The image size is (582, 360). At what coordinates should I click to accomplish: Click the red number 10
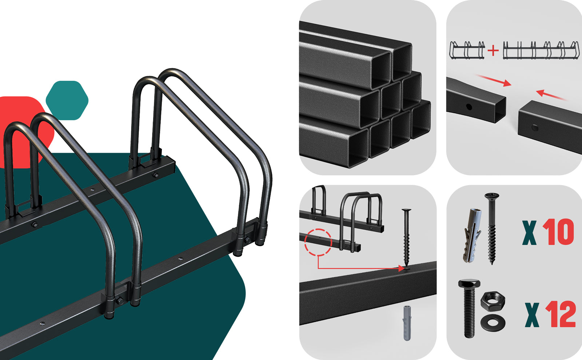[558, 232]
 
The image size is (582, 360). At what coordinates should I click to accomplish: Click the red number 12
[561, 315]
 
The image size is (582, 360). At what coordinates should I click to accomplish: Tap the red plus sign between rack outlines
[493, 51]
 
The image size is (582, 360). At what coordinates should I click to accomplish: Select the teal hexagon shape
[67, 100]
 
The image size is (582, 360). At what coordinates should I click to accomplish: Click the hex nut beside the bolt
[493, 301]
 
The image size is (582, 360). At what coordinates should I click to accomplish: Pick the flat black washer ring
[493, 323]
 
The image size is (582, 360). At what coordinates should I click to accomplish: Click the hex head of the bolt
[469, 284]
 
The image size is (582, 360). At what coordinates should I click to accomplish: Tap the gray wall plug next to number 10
[472, 236]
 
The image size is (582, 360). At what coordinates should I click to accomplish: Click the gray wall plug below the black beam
[407, 323]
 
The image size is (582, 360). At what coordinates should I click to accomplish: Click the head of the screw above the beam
[406, 210]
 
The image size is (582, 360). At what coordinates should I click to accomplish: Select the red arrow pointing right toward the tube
[493, 80]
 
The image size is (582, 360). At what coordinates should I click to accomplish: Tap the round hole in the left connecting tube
[469, 107]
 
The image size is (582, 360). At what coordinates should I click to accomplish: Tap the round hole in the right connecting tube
[535, 128]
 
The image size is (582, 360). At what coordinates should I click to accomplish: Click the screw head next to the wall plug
[491, 195]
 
